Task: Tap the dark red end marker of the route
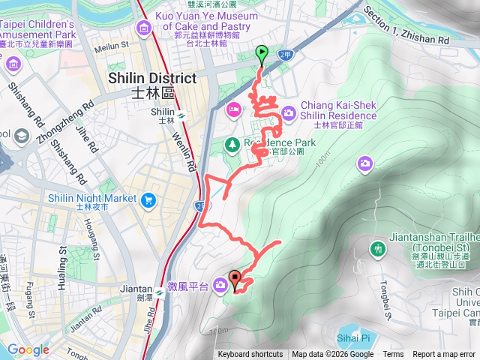point(235,280)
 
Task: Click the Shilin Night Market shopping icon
point(148,199)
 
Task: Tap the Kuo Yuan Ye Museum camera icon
point(143,28)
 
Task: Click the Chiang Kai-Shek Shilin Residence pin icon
point(289,115)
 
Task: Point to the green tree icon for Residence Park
point(232,144)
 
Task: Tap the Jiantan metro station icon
point(160,290)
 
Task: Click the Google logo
point(28,349)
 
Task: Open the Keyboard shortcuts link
point(250,355)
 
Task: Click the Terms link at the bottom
point(393,355)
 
